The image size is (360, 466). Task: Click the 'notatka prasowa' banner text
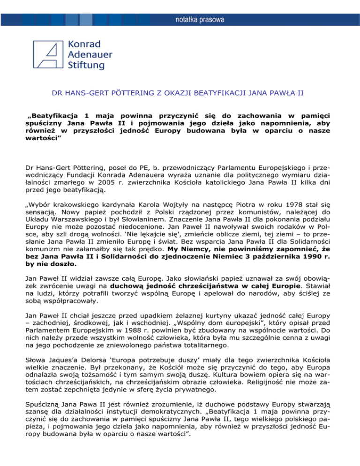pyautogui.click(x=200, y=20)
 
